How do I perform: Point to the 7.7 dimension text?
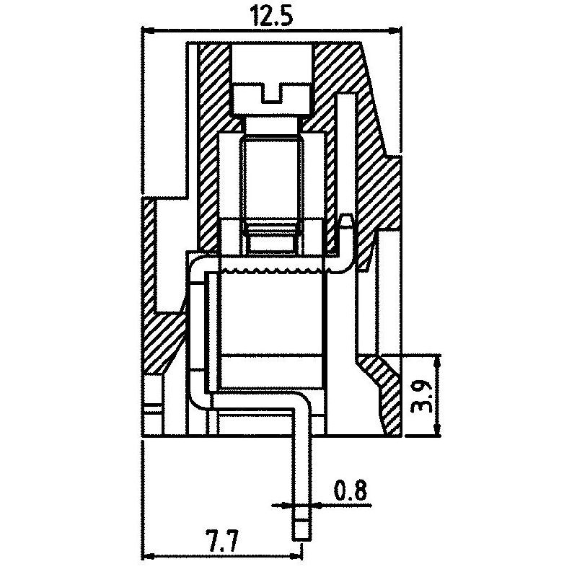(224, 540)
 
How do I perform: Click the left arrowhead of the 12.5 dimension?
(147, 32)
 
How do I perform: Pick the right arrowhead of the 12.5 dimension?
(395, 32)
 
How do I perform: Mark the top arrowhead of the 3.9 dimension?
(437, 361)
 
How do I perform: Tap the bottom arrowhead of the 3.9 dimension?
(437, 431)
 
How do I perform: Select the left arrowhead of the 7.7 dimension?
(148, 555)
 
